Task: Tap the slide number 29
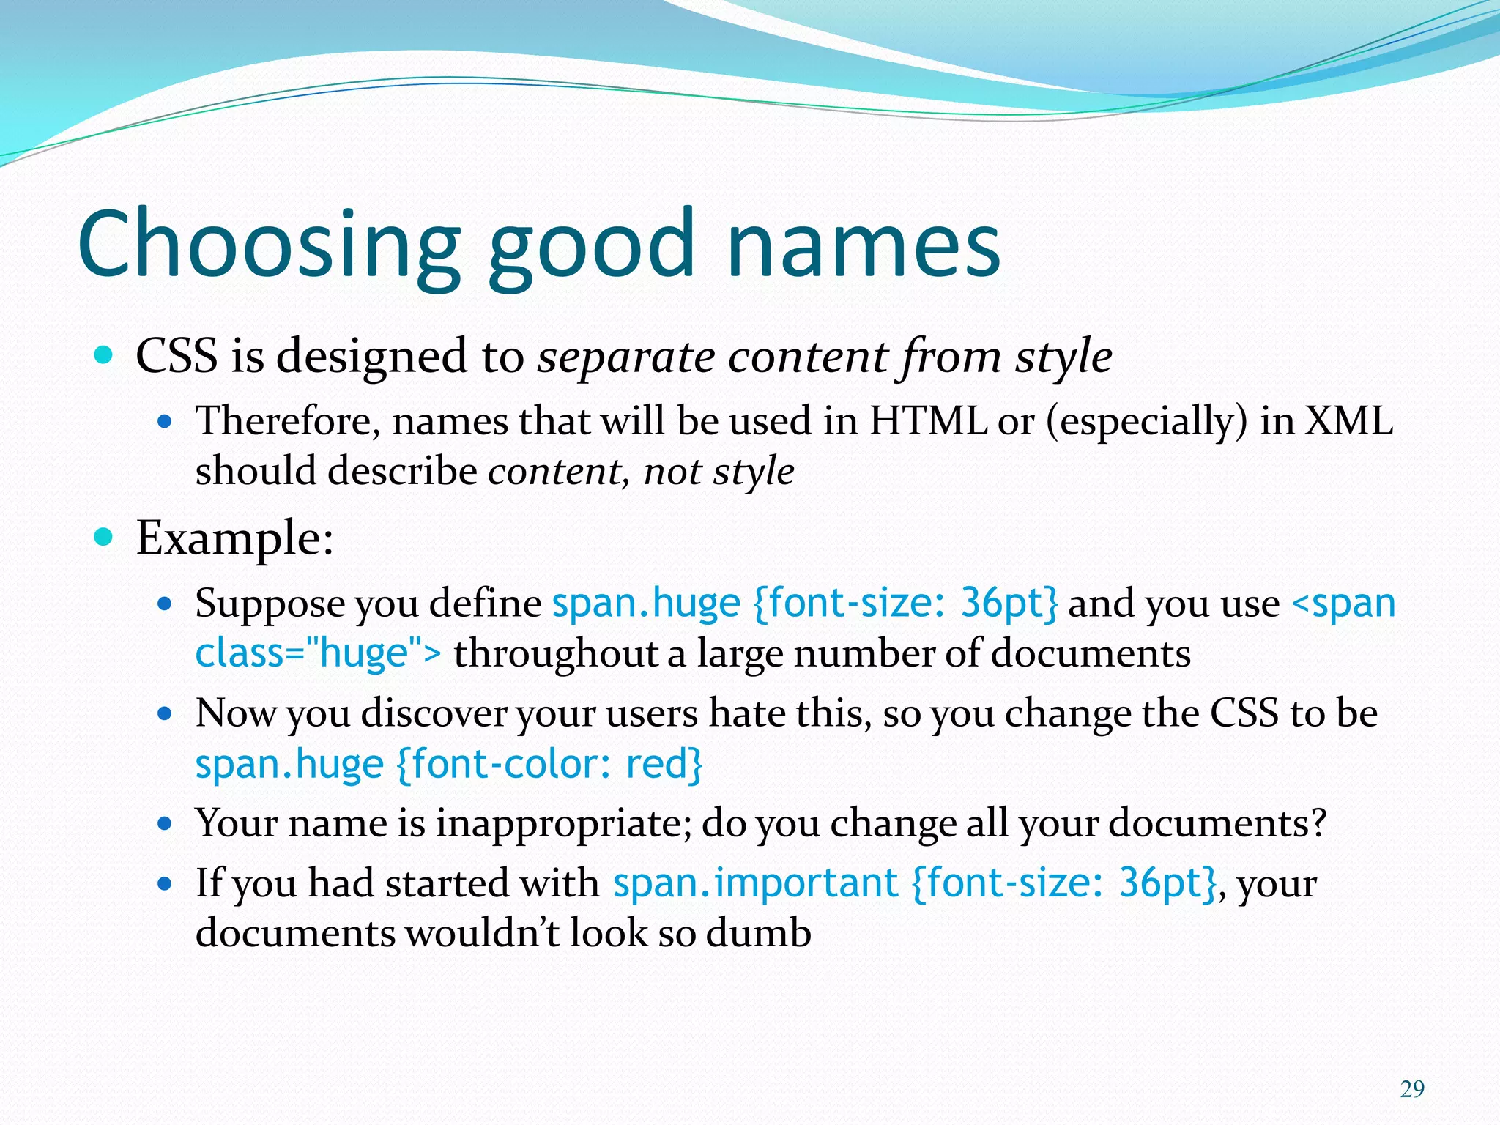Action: click(x=1412, y=1089)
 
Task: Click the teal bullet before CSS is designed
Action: click(x=104, y=356)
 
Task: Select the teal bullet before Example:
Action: click(x=104, y=538)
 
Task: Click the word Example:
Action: click(x=234, y=538)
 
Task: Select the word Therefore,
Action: click(x=287, y=423)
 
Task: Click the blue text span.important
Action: click(x=755, y=883)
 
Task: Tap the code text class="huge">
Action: click(x=319, y=653)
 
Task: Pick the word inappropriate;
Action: click(x=563, y=824)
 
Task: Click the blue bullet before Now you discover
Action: click(x=165, y=713)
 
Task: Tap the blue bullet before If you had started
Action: click(x=165, y=883)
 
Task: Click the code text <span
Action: click(x=1343, y=604)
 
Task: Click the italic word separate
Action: click(x=625, y=357)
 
